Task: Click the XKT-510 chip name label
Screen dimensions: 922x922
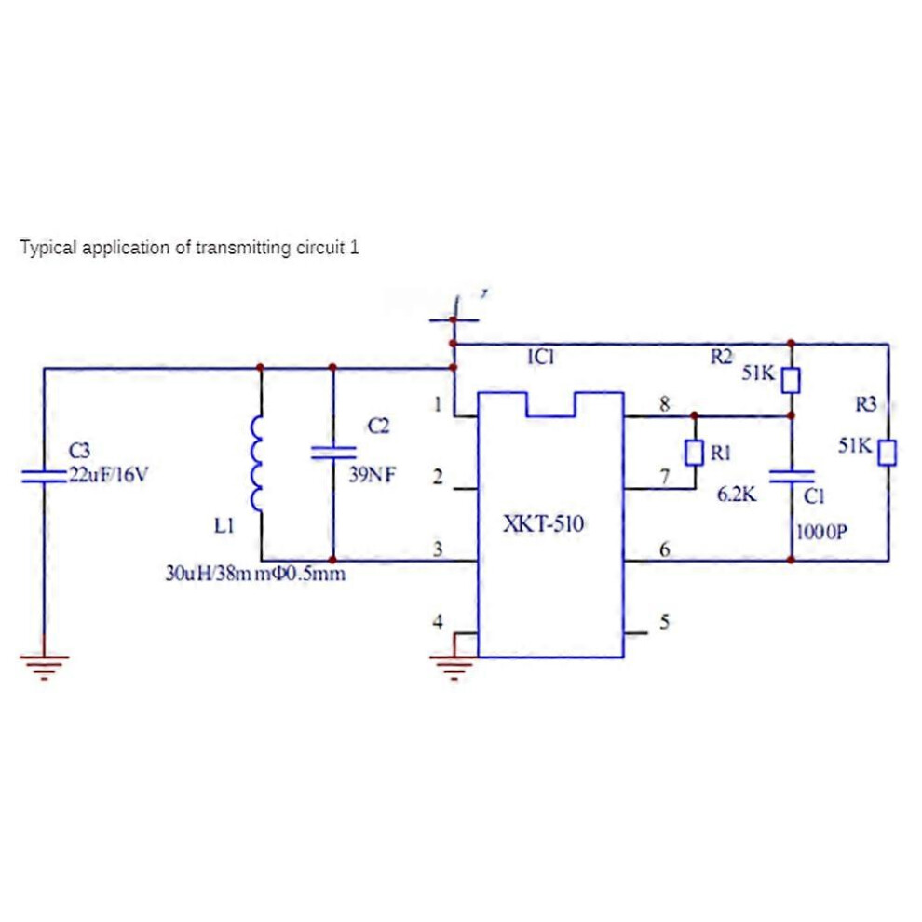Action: click(543, 523)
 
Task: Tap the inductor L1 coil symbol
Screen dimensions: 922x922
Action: click(256, 464)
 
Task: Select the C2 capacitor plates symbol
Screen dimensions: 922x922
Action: click(332, 453)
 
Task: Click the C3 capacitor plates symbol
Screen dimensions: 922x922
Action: click(44, 476)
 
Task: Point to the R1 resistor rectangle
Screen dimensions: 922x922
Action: click(695, 453)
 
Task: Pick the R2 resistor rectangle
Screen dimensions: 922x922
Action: click(791, 381)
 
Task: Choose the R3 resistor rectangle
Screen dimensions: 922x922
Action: click(888, 453)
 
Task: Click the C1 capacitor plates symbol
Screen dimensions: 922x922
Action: click(791, 476)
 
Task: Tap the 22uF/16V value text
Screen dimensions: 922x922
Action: click(109, 474)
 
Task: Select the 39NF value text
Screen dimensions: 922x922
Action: click(373, 475)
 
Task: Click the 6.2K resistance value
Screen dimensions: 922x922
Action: click(736, 495)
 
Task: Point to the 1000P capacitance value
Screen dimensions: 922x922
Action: click(821, 532)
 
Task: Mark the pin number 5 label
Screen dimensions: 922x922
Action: click(664, 621)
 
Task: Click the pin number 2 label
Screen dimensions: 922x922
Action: click(438, 476)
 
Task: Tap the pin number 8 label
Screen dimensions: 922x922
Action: click(664, 404)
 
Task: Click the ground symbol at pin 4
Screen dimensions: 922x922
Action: click(454, 667)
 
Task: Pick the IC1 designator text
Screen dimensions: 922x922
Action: click(541, 357)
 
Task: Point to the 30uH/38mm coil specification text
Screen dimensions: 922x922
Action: click(255, 574)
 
